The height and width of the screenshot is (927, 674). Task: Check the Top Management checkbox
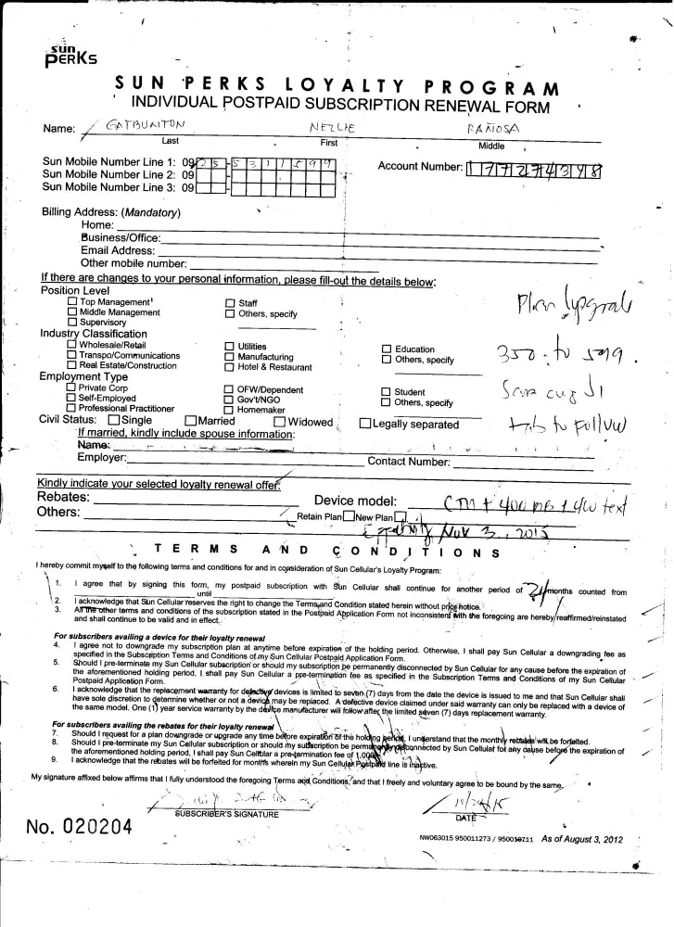(72, 303)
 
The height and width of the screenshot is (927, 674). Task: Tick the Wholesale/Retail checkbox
(72, 345)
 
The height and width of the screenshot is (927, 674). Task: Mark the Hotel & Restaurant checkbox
(230, 367)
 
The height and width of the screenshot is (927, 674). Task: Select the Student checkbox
(388, 392)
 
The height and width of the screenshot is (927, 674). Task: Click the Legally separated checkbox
(365, 425)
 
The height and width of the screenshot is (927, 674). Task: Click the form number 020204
(81, 826)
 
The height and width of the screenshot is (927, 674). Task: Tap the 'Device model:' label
(355, 502)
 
